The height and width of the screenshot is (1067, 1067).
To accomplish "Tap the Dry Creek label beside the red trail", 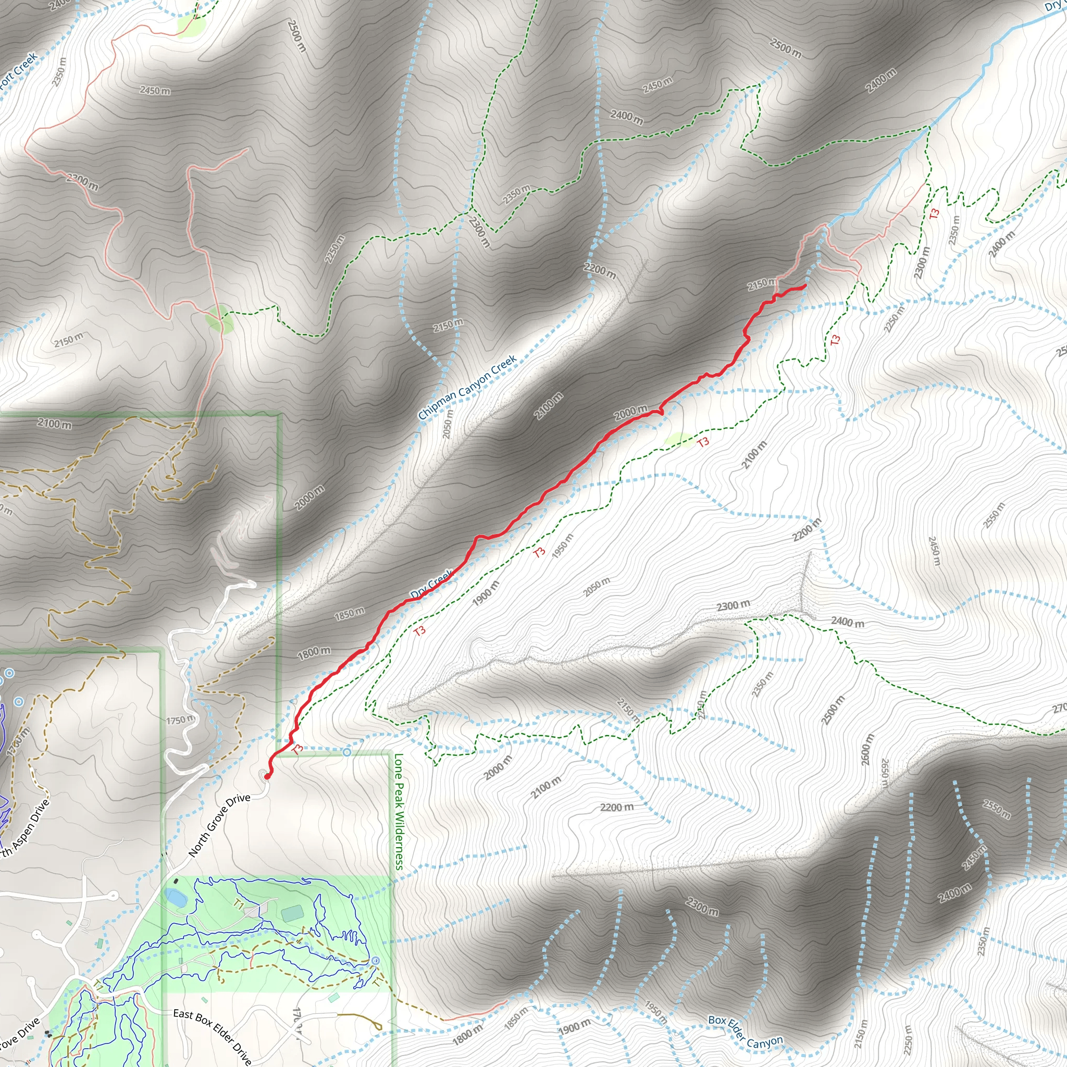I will click(x=431, y=582).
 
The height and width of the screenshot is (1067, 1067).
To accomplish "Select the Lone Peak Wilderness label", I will click(x=399, y=811).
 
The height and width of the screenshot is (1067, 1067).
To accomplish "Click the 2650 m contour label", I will click(x=884, y=773).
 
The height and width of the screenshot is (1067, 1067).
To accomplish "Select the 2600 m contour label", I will click(x=867, y=749).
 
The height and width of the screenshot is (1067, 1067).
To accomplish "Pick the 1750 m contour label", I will click(x=180, y=719).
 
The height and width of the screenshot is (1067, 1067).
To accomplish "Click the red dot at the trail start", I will click(x=267, y=776).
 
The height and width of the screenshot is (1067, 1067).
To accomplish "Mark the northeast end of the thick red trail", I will click(x=804, y=286).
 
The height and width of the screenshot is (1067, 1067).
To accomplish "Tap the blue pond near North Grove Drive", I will click(x=176, y=898).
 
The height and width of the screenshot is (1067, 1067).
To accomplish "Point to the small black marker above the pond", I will click(x=176, y=881).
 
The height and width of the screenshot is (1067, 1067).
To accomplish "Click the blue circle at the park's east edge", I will click(x=376, y=961).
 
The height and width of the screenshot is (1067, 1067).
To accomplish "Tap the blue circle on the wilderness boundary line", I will click(x=346, y=752).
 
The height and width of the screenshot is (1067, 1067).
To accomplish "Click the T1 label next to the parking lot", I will click(x=239, y=904).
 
